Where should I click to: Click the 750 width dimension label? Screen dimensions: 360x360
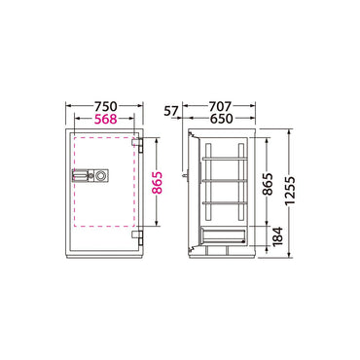pos(105,106)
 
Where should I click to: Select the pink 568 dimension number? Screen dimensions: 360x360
pos(105,119)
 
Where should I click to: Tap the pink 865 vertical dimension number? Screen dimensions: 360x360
pos(158,183)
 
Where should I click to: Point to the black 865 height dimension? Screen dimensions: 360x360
pos(268,184)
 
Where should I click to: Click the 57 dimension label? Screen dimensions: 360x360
pos(171,111)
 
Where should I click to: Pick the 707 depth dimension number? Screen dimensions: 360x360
pos(220,106)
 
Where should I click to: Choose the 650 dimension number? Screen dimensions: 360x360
pos(222,119)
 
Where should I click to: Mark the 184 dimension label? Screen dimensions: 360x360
pos(278,236)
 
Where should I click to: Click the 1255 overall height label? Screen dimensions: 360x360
pos(290,192)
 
